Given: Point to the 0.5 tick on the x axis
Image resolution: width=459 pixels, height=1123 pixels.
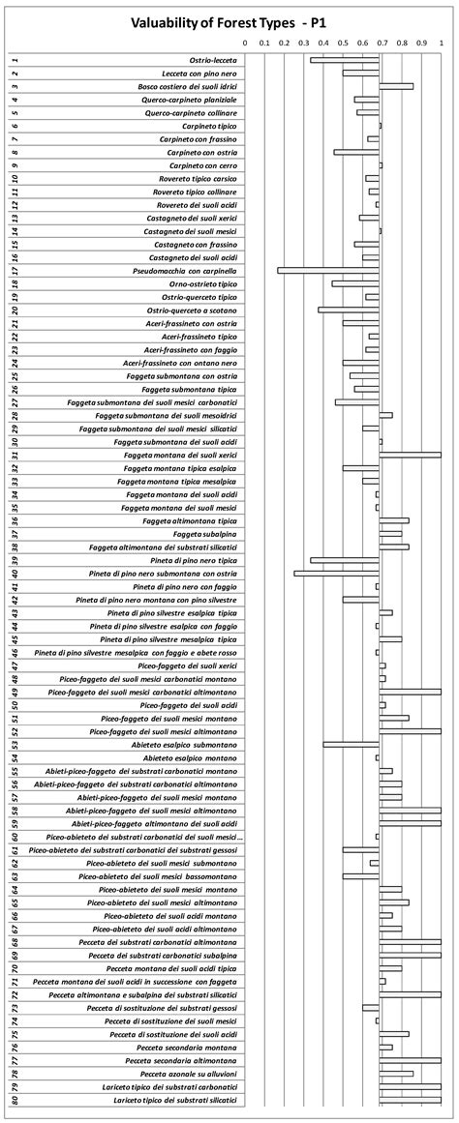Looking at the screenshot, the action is pyautogui.click(x=343, y=43).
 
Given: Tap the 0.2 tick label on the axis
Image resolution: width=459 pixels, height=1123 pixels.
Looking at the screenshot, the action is pyautogui.click(x=284, y=43).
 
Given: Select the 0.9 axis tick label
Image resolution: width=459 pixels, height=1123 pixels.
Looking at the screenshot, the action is pyautogui.click(x=421, y=43).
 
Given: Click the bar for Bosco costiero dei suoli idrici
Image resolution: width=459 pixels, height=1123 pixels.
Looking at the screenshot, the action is pyautogui.click(x=396, y=86).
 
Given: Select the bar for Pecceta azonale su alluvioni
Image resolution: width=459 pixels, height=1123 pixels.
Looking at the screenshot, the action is pyautogui.click(x=396, y=1073).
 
